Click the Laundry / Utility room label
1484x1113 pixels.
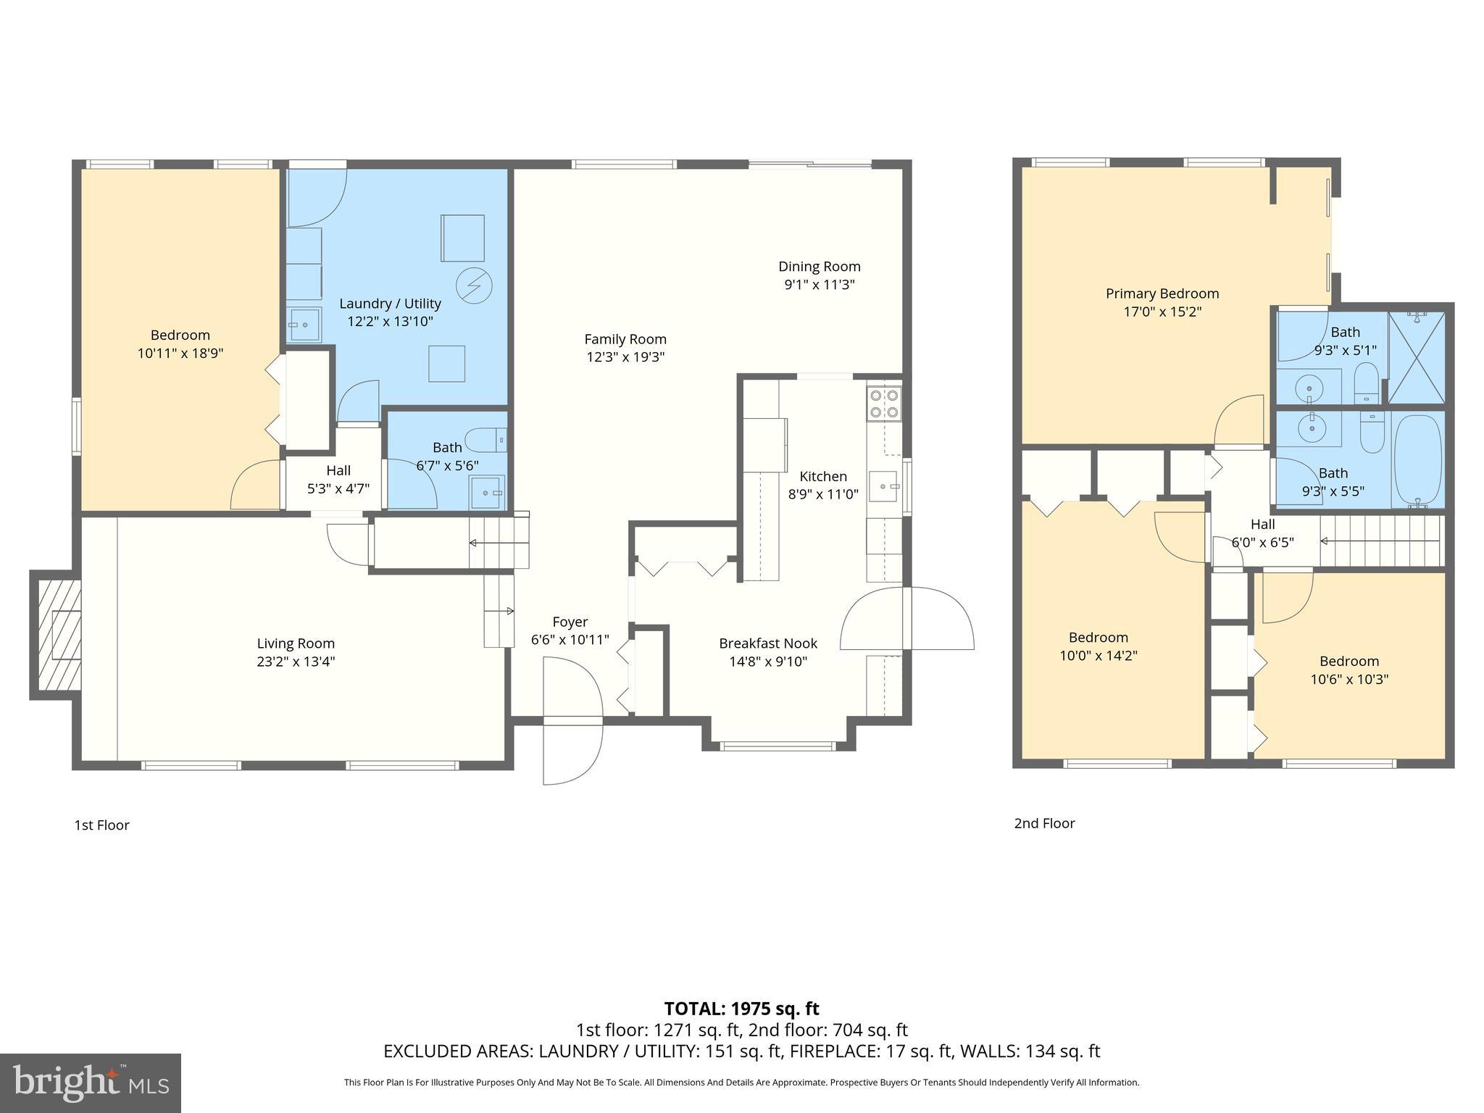click(390, 304)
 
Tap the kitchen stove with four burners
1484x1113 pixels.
click(884, 404)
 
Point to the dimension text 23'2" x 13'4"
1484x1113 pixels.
click(296, 662)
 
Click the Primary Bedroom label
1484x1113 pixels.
click(1162, 293)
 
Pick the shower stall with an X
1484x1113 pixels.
click(1417, 357)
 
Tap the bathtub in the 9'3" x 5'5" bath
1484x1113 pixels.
click(1418, 461)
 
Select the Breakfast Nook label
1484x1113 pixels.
click(768, 643)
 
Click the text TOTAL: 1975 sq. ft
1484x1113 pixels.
click(741, 1008)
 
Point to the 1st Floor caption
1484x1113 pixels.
click(101, 825)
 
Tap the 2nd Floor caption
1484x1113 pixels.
click(1044, 823)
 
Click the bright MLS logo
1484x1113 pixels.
click(91, 1083)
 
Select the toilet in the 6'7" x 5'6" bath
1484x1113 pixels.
click(485, 440)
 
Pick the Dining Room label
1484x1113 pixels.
click(819, 267)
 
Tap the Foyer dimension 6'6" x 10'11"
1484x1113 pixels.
click(570, 640)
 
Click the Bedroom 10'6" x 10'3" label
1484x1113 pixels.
click(1348, 661)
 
